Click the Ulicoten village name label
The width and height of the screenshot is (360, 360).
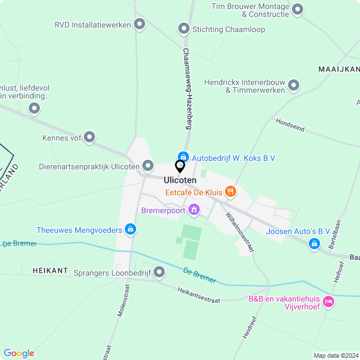pyautogui.click(x=180, y=180)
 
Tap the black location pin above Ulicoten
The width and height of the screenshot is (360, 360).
pyautogui.click(x=180, y=166)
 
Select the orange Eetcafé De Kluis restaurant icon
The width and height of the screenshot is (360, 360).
pyautogui.click(x=230, y=192)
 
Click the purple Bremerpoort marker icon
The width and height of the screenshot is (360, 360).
pyautogui.click(x=194, y=210)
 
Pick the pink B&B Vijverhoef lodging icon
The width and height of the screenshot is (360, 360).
pyautogui.click(x=329, y=302)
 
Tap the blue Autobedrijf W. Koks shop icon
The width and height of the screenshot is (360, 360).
pyautogui.click(x=183, y=157)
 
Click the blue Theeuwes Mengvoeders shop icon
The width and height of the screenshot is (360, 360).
pyautogui.click(x=130, y=229)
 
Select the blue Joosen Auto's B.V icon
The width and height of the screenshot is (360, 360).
pyautogui.click(x=314, y=244)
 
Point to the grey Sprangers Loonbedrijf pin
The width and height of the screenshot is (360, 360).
pyautogui.click(x=159, y=273)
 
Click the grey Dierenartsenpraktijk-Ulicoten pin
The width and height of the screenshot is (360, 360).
pyautogui.click(x=148, y=166)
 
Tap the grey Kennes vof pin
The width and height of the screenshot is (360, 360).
pyautogui.click(x=89, y=137)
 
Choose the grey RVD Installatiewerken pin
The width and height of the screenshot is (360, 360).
pyautogui.click(x=139, y=24)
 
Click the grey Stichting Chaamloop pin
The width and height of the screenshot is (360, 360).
pyautogui.click(x=183, y=29)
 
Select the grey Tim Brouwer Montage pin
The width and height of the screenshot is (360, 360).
pyautogui.click(x=298, y=9)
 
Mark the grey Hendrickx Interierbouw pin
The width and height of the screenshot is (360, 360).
pyautogui.click(x=293, y=85)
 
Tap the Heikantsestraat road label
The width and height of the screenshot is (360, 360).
pyautogui.click(x=199, y=296)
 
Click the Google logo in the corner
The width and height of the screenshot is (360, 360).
pyautogui.click(x=19, y=353)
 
